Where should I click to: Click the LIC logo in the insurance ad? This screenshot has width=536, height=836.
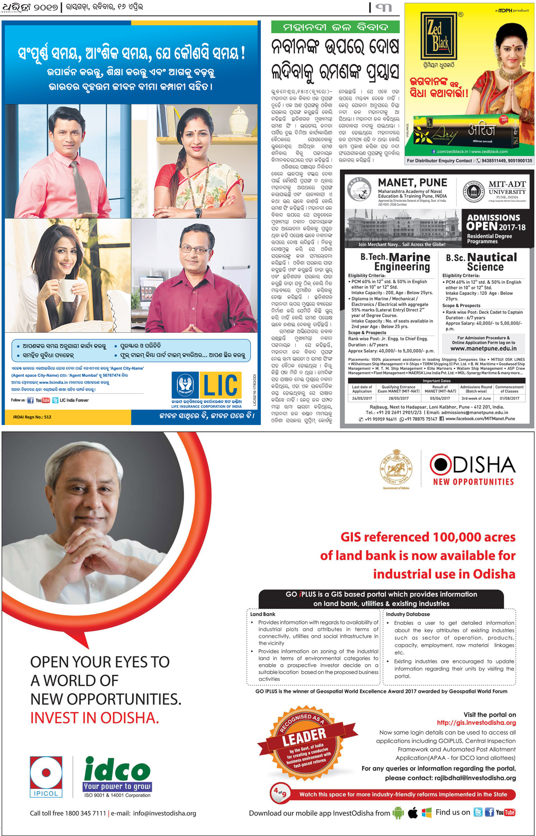coord(207,385)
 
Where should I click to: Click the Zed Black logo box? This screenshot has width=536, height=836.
coord(438,35)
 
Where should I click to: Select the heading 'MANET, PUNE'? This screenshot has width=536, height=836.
coord(412,183)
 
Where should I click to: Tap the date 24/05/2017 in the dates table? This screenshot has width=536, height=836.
coord(362,398)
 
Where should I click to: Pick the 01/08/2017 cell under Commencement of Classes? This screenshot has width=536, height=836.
coord(509,398)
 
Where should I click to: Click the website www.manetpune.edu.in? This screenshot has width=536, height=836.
coord(483,348)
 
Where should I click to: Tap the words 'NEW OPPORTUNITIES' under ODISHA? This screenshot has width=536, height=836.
coord(473,482)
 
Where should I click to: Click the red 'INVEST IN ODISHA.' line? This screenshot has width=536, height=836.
coord(95,718)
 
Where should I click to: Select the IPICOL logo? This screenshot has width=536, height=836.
coord(46,777)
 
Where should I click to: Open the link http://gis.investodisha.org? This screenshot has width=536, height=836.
coord(476,723)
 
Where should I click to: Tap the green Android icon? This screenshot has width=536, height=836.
coord(398,813)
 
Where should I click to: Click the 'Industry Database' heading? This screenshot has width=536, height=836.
coord(408,614)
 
